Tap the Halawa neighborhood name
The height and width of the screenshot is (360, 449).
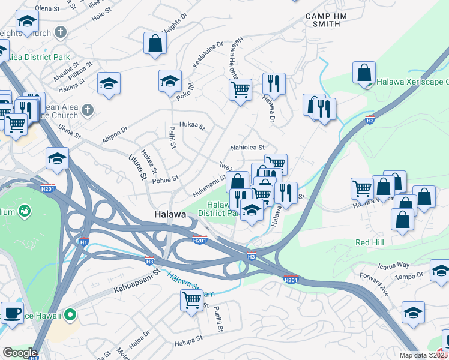coord(170,214)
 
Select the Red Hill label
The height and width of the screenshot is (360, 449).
coord(370,242)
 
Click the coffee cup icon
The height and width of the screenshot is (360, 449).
coord(12,311)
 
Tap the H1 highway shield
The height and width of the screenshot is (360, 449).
coord(84,242)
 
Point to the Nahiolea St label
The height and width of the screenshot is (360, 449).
coord(248,147)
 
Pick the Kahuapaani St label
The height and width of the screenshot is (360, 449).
coord(137,280)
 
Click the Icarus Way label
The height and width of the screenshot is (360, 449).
coord(393,265)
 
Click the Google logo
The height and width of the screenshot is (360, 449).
coord(20,353)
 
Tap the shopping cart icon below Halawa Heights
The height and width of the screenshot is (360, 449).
coord(240,89)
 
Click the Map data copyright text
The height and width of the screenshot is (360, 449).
coord(424,355)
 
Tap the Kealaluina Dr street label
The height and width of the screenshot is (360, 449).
coord(207,54)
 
